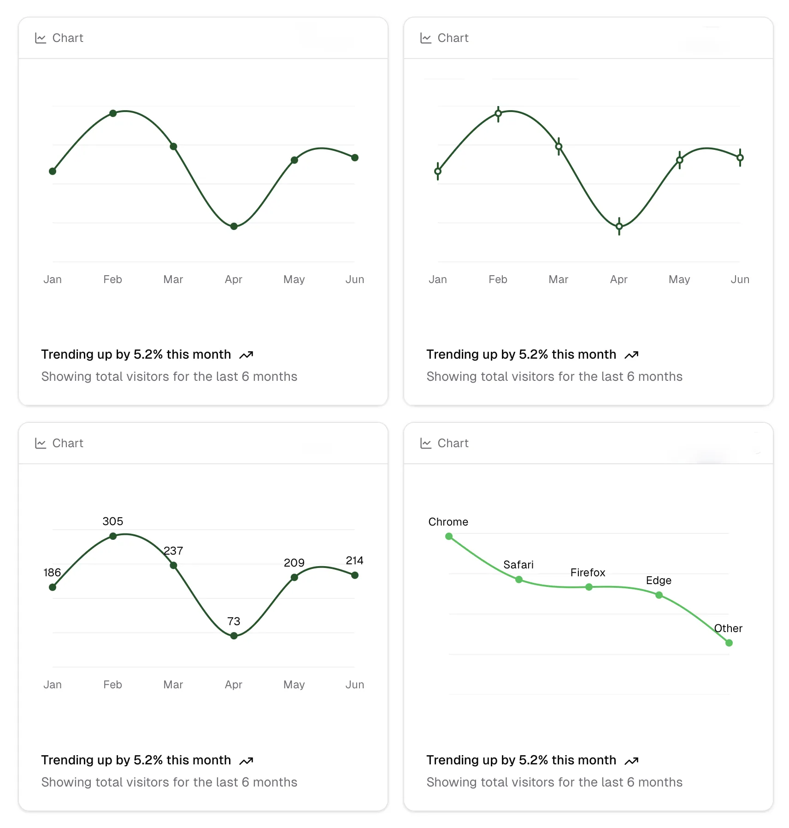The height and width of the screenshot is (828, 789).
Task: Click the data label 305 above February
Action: coord(112,521)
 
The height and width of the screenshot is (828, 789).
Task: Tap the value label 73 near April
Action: coord(234,621)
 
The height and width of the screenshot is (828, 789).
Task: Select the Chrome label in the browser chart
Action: coord(448,522)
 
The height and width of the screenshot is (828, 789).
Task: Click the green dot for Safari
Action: coord(519,580)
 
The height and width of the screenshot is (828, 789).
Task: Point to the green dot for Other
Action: coord(729,643)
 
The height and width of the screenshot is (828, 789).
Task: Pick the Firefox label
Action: coord(588,573)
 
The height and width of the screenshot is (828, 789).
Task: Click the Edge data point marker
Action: coord(659,595)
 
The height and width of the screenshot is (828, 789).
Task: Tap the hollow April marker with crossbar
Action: coord(619,226)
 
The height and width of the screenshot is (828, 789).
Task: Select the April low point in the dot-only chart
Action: coord(234,226)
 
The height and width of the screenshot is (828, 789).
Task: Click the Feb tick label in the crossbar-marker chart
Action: coord(498,279)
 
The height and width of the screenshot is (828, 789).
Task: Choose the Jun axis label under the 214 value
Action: coord(354,685)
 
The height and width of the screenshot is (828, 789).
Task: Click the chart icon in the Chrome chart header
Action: coord(425,444)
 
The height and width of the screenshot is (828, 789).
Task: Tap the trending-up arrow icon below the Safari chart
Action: coord(631,761)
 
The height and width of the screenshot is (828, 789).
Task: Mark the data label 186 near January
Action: coord(52,573)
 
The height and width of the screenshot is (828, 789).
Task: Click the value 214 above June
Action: coord(354,561)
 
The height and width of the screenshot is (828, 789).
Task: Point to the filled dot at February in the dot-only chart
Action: coord(113,113)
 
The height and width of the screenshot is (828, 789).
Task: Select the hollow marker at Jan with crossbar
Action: coord(438,172)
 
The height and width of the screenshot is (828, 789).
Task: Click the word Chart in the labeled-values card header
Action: coord(68,444)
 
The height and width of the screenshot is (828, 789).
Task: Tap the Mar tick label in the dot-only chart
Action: coord(173,279)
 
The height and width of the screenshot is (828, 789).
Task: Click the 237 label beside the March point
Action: coord(173,551)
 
